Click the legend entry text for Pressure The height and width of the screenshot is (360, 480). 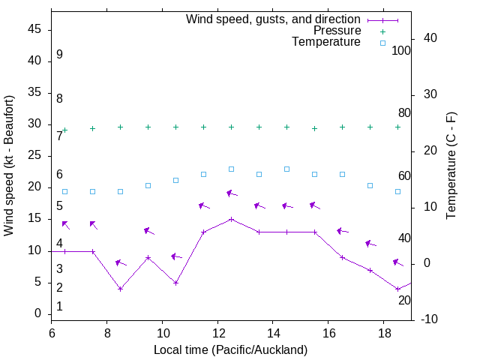337,31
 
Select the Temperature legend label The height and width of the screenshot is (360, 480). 326,42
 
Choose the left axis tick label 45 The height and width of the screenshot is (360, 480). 34,29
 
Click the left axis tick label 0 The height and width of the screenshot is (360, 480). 38,313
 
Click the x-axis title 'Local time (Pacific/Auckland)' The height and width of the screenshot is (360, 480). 230,349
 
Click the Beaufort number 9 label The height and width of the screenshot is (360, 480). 59,55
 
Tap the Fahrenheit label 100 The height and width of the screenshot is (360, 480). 401,50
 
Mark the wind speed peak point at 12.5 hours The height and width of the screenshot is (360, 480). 231,219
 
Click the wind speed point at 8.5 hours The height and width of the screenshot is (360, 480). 120,289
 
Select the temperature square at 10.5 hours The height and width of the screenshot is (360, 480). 175,180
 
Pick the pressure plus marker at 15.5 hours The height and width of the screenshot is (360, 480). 314,128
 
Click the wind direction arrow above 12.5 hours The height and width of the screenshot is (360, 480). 232,193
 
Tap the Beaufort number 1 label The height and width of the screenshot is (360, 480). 59,307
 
